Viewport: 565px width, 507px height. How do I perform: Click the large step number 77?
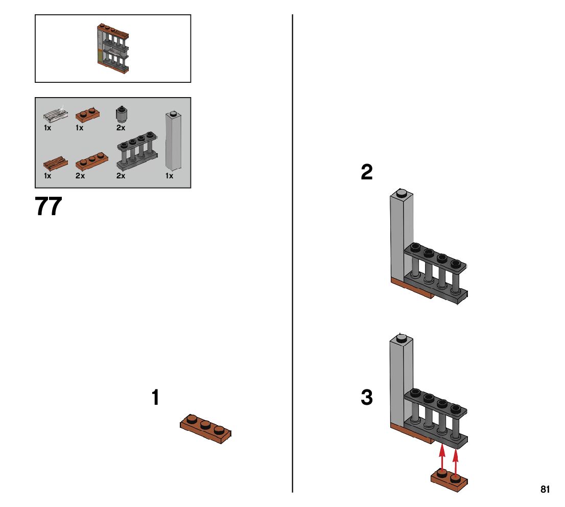coord(49,206)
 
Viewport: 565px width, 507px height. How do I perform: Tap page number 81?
coord(545,489)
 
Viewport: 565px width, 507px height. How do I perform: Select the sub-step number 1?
coord(155,397)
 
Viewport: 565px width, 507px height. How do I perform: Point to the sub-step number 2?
coord(366,172)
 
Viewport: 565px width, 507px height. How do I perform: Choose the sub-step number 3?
coord(366,397)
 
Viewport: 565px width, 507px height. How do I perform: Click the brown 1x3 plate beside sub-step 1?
coord(205,429)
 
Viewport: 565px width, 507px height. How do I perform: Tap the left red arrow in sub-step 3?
coord(442,458)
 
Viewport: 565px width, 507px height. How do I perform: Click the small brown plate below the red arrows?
coord(450,480)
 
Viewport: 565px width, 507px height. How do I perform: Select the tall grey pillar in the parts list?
coord(173,141)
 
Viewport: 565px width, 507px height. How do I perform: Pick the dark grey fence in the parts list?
coord(137,151)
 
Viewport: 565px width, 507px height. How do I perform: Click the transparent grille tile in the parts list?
coord(56,114)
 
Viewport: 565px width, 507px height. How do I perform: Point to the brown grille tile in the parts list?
coord(56,164)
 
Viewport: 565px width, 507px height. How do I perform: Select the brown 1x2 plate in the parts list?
coord(87,114)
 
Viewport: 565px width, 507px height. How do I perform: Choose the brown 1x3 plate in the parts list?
coord(92,162)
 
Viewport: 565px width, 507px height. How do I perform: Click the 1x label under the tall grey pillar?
coord(170,176)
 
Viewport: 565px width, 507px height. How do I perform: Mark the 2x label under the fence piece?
coord(121,176)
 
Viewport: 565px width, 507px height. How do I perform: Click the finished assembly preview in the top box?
coord(113,49)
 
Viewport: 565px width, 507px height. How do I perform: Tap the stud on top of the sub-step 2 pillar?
coord(402,193)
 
